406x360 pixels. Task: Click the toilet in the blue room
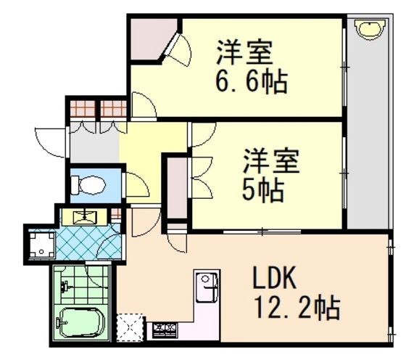tap(88, 185)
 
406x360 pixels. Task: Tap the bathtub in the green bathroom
tap(81, 322)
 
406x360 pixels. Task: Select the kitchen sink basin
tap(207, 287)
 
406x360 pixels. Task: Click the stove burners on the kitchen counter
tap(165, 330)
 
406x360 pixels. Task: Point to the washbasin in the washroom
tap(85, 217)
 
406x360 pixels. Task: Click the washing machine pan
tap(42, 245)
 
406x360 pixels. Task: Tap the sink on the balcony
tap(371, 29)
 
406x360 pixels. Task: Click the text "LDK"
tap(274, 278)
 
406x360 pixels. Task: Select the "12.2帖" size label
tap(297, 307)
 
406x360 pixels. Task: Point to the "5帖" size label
tap(263, 189)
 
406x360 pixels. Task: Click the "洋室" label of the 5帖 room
tap(271, 160)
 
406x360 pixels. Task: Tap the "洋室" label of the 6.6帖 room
tap(244, 52)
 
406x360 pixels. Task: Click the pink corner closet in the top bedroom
tap(152, 39)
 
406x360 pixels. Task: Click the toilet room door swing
tap(137, 184)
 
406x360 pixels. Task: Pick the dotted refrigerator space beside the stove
tap(130, 327)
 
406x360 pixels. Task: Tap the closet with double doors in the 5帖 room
tap(177, 189)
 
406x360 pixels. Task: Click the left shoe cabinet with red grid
tap(83, 109)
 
